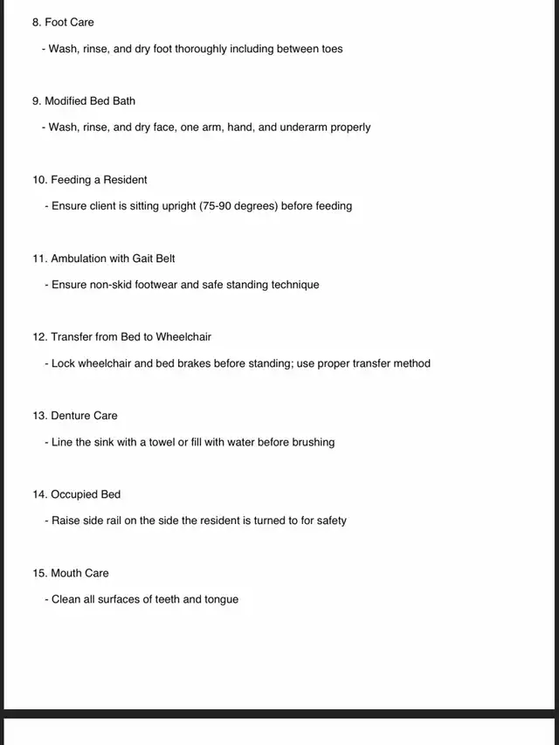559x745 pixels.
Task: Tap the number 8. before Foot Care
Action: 37,22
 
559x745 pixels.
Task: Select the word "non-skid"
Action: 111,285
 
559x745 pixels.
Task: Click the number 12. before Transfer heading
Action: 39,337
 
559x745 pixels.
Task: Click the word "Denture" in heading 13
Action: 72,416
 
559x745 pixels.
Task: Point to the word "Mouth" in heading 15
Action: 66,573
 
